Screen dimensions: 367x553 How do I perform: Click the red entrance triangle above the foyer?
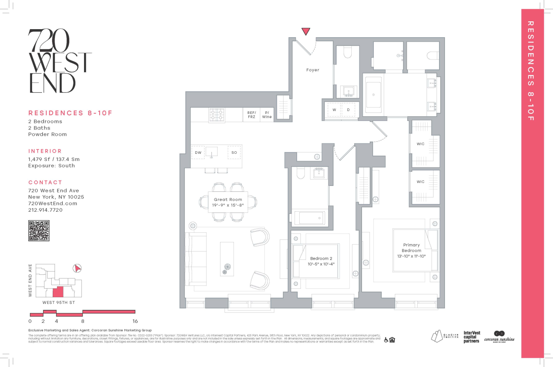[306, 31]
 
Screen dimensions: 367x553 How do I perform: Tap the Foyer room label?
[313, 70]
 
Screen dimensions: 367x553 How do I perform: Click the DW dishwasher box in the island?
[198, 152]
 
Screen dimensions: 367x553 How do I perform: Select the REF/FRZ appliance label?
[251, 115]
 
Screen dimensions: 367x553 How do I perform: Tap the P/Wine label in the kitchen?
[267, 115]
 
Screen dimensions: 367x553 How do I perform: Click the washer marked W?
[334, 110]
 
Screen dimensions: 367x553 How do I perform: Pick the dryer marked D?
[348, 110]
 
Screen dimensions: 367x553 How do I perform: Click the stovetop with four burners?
[217, 115]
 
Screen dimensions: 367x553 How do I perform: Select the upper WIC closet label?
[421, 144]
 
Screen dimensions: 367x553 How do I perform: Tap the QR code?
[39, 231]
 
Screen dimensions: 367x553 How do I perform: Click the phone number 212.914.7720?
[45, 210]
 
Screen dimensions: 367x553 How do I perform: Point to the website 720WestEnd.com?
[53, 204]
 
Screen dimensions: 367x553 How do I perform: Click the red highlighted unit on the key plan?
[58, 292]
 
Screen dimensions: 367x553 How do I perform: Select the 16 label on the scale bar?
[135, 321]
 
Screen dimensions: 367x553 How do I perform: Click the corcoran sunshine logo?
[499, 337]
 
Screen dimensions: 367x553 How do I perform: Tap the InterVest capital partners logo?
[472, 337]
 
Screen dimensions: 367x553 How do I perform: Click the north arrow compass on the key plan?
[77, 268]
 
